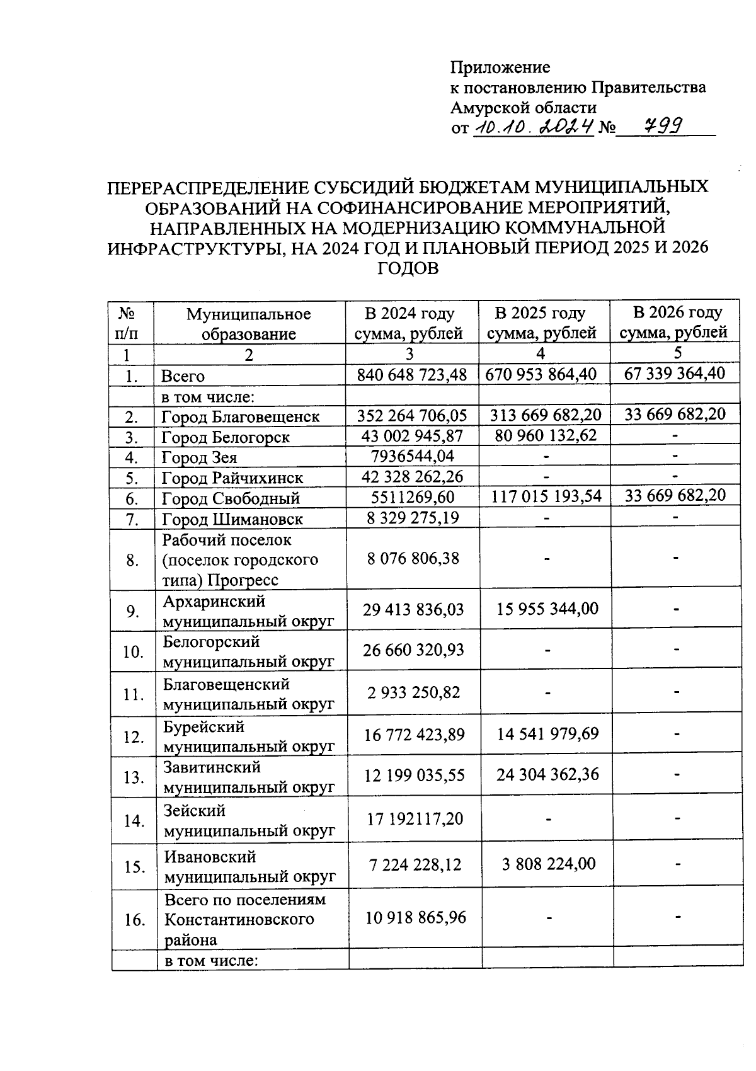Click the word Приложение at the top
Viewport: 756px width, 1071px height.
[500, 67]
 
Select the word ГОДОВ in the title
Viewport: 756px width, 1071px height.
[408, 268]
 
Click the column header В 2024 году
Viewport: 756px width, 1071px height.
[409, 313]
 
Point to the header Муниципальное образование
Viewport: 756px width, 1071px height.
[249, 323]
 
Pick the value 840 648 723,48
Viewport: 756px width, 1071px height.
[412, 375]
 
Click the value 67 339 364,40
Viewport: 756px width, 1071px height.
[675, 373]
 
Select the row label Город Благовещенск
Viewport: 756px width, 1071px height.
[240, 416]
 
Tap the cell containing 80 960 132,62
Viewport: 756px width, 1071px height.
[546, 435]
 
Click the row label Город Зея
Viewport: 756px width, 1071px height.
[200, 457]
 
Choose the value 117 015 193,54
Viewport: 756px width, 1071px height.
[544, 496]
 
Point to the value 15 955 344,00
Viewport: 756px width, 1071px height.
[547, 609]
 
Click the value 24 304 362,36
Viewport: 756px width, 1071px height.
[547, 774]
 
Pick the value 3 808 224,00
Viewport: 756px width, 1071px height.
[548, 863]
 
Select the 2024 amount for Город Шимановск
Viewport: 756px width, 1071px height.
[412, 518]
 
